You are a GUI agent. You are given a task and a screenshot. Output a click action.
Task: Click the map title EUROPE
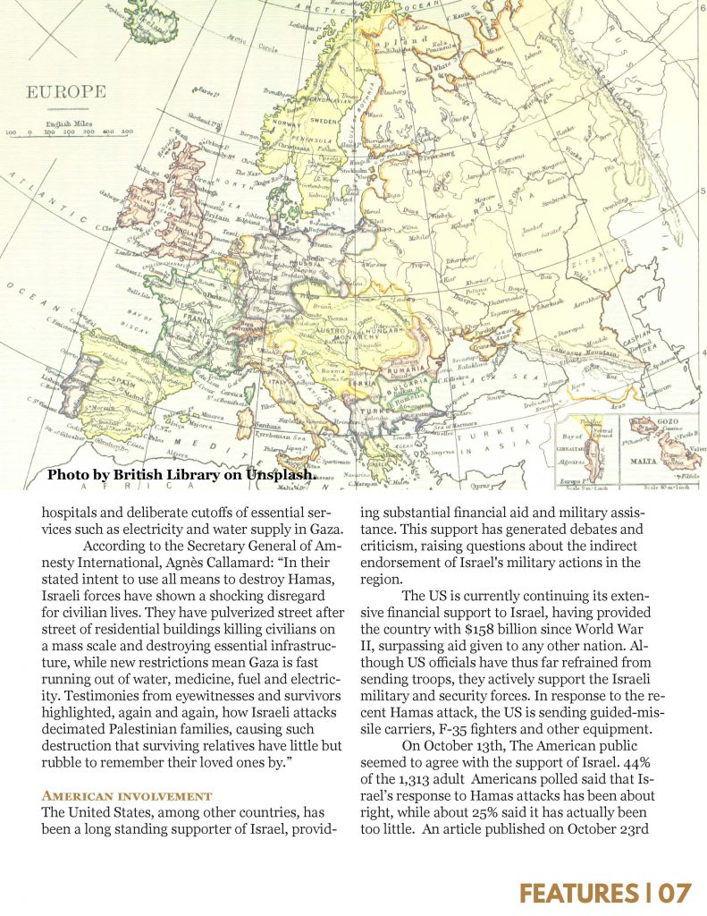[x=65, y=92]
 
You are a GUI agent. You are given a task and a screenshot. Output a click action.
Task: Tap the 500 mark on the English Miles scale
[x=126, y=132]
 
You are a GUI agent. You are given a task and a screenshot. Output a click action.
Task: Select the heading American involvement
[x=126, y=795]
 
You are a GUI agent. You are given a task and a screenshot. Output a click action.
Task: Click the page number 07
[x=676, y=892]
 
